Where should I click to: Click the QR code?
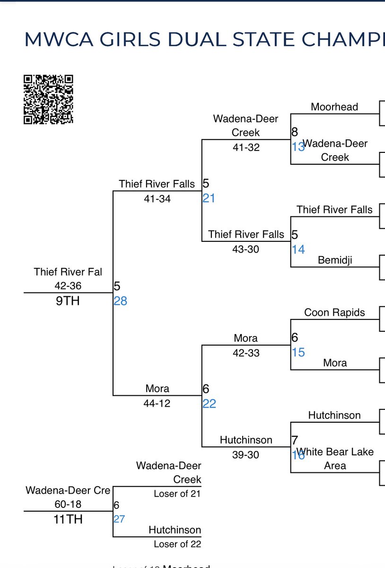click(x=48, y=99)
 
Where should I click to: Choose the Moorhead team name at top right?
click(x=334, y=107)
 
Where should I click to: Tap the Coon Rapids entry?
click(x=334, y=312)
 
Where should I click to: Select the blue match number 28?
click(x=120, y=301)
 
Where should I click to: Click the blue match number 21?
click(x=209, y=198)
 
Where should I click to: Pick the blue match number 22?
click(x=209, y=404)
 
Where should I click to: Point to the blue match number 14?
click(x=298, y=249)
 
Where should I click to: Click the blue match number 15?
click(x=298, y=353)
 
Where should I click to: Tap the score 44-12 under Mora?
click(x=157, y=403)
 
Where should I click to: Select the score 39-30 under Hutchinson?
click(x=246, y=455)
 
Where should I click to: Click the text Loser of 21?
click(x=177, y=494)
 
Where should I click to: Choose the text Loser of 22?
click(x=177, y=544)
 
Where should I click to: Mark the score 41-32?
click(x=246, y=147)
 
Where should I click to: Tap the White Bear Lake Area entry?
click(x=335, y=459)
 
